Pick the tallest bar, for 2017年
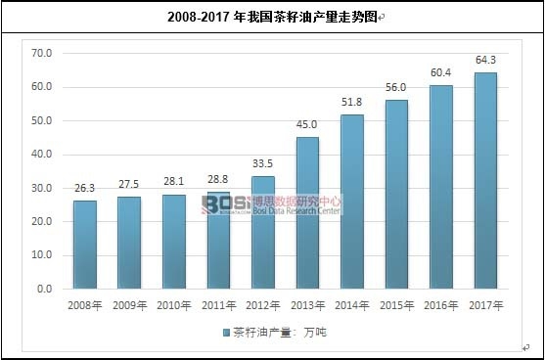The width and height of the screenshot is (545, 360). coord(485,181)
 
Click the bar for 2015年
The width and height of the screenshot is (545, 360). coord(396,195)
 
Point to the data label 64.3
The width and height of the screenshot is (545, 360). coord(485,63)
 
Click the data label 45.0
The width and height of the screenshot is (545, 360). coord(307,127)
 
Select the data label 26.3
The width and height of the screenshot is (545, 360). coord(85,190)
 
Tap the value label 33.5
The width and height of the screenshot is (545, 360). coord(263,166)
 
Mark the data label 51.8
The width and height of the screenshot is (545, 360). coord(352,105)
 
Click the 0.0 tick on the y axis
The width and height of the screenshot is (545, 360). coord(43,290)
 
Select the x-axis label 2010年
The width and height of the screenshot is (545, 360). coord(174,306)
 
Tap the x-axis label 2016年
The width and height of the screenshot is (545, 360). coord(441,306)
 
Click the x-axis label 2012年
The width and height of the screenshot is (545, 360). coord(263,306)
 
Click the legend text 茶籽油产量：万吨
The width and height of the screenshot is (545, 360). coord(280,332)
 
